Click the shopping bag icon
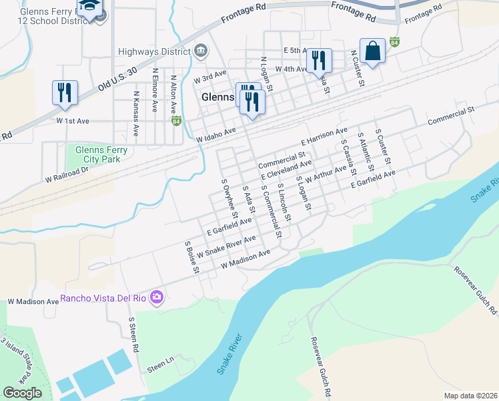[x=372, y=51]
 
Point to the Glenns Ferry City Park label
[x=97, y=154]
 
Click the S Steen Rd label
[x=133, y=335]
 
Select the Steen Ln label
[x=160, y=366]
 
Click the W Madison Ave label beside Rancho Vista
[x=33, y=301]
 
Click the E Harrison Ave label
[x=324, y=136]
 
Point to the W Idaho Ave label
[x=217, y=135]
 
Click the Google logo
[x=22, y=393]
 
